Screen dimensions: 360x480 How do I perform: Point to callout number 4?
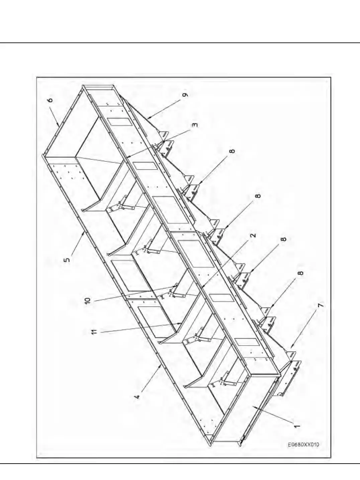click(137, 397)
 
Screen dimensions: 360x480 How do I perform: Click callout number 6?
click(51, 101)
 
